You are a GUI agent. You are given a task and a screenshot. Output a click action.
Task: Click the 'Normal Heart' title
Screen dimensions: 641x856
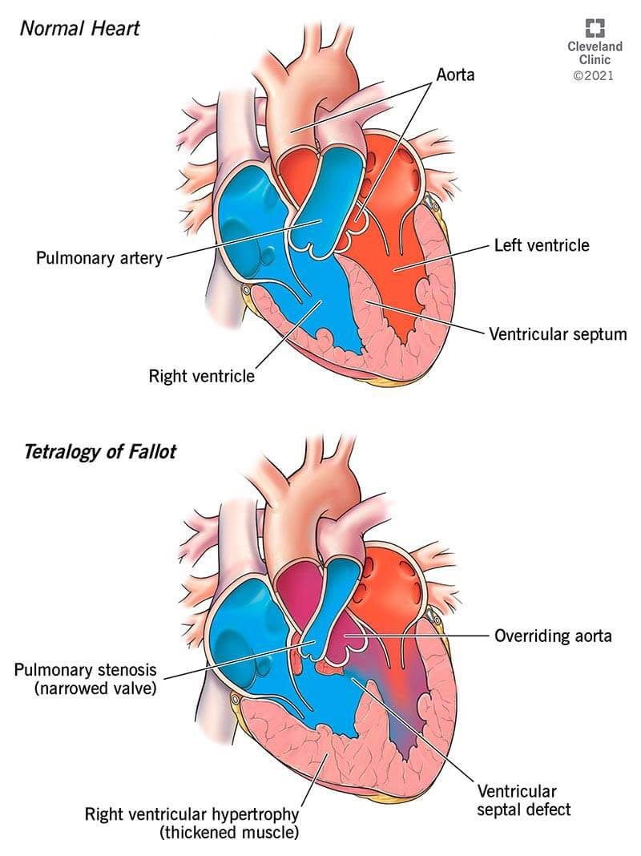(x=79, y=28)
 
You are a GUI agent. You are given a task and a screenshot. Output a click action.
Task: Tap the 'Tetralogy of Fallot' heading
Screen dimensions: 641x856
(x=100, y=452)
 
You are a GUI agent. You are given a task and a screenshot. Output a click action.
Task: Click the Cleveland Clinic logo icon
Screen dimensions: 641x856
(x=595, y=28)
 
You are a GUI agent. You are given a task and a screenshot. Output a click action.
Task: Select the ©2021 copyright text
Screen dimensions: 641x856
(x=594, y=75)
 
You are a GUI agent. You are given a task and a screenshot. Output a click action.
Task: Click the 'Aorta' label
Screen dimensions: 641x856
(x=455, y=75)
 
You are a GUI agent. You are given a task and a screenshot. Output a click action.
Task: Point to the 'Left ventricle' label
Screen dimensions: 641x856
(x=542, y=245)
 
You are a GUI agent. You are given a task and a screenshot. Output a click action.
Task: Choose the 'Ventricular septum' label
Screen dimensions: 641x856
(x=558, y=333)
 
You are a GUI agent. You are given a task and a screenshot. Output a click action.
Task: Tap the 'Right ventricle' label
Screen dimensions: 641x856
(x=201, y=376)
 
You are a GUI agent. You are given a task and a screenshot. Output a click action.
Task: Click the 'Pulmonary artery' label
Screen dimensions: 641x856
(x=99, y=257)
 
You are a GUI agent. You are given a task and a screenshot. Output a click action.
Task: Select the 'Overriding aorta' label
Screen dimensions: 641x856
(x=553, y=636)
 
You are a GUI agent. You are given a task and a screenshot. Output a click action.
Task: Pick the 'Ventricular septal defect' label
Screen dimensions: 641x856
(x=524, y=800)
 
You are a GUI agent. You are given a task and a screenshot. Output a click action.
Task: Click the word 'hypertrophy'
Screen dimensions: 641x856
(x=256, y=814)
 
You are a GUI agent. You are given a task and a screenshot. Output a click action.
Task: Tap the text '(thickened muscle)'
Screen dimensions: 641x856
(x=229, y=833)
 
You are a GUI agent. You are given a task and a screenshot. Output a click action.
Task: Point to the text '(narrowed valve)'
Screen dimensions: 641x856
(x=95, y=688)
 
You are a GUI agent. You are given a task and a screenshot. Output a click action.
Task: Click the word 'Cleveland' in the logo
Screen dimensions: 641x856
(x=595, y=46)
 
